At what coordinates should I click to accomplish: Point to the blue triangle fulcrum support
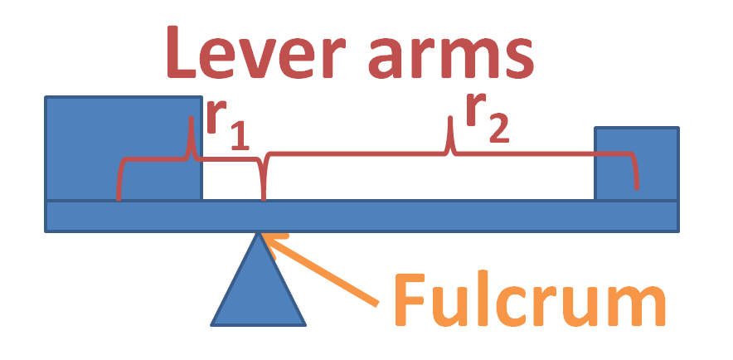(x=259, y=290)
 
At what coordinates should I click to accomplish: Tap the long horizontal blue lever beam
(x=415, y=216)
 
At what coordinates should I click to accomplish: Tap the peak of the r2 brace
(x=450, y=121)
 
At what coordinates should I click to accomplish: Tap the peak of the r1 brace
(x=191, y=120)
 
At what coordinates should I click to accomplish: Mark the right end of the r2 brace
(x=636, y=187)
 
